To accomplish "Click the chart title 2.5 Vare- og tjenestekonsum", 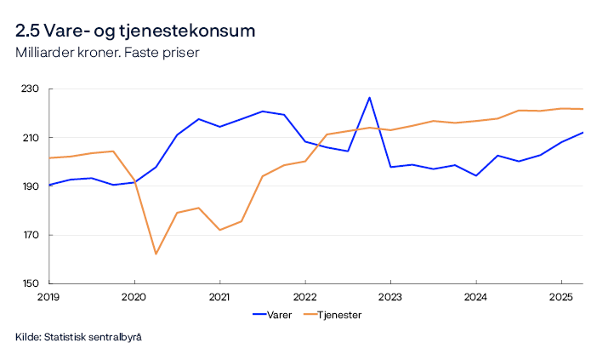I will (135, 31).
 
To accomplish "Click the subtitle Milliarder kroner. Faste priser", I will (106, 53).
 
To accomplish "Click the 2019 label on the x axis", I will (49, 297).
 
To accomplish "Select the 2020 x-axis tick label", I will (134, 297).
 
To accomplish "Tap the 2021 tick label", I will (219, 297).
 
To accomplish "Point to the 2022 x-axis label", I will (304, 297).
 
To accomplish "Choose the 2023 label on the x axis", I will (390, 297).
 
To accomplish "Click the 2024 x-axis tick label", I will (475, 297).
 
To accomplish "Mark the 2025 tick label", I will (560, 297).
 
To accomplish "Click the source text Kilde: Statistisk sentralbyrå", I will (78, 338).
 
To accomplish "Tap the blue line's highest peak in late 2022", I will (369, 97).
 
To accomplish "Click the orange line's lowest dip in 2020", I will (156, 254).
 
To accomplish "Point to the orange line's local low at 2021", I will (219, 230).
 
